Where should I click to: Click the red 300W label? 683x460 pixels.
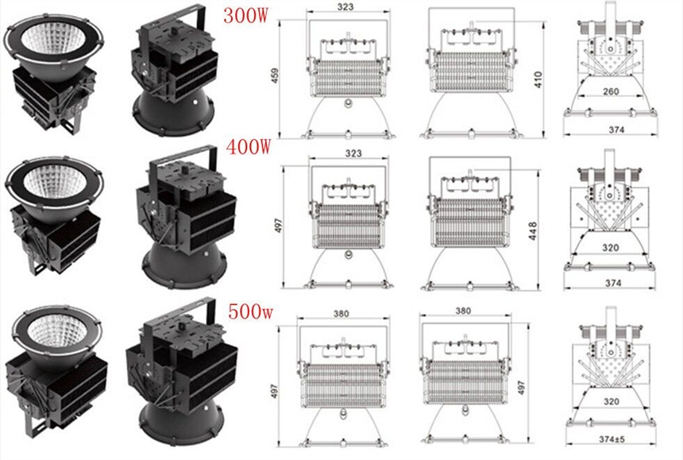click(245, 15)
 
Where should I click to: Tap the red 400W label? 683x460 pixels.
click(249, 147)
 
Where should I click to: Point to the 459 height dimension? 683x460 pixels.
click(275, 75)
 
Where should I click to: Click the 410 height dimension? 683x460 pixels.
click(538, 79)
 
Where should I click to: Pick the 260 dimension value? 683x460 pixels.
click(611, 91)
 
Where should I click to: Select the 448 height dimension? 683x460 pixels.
click(533, 231)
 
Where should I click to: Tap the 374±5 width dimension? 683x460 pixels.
click(612, 439)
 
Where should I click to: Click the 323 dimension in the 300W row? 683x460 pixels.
click(345, 7)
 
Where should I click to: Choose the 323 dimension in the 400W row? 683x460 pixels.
click(353, 153)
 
